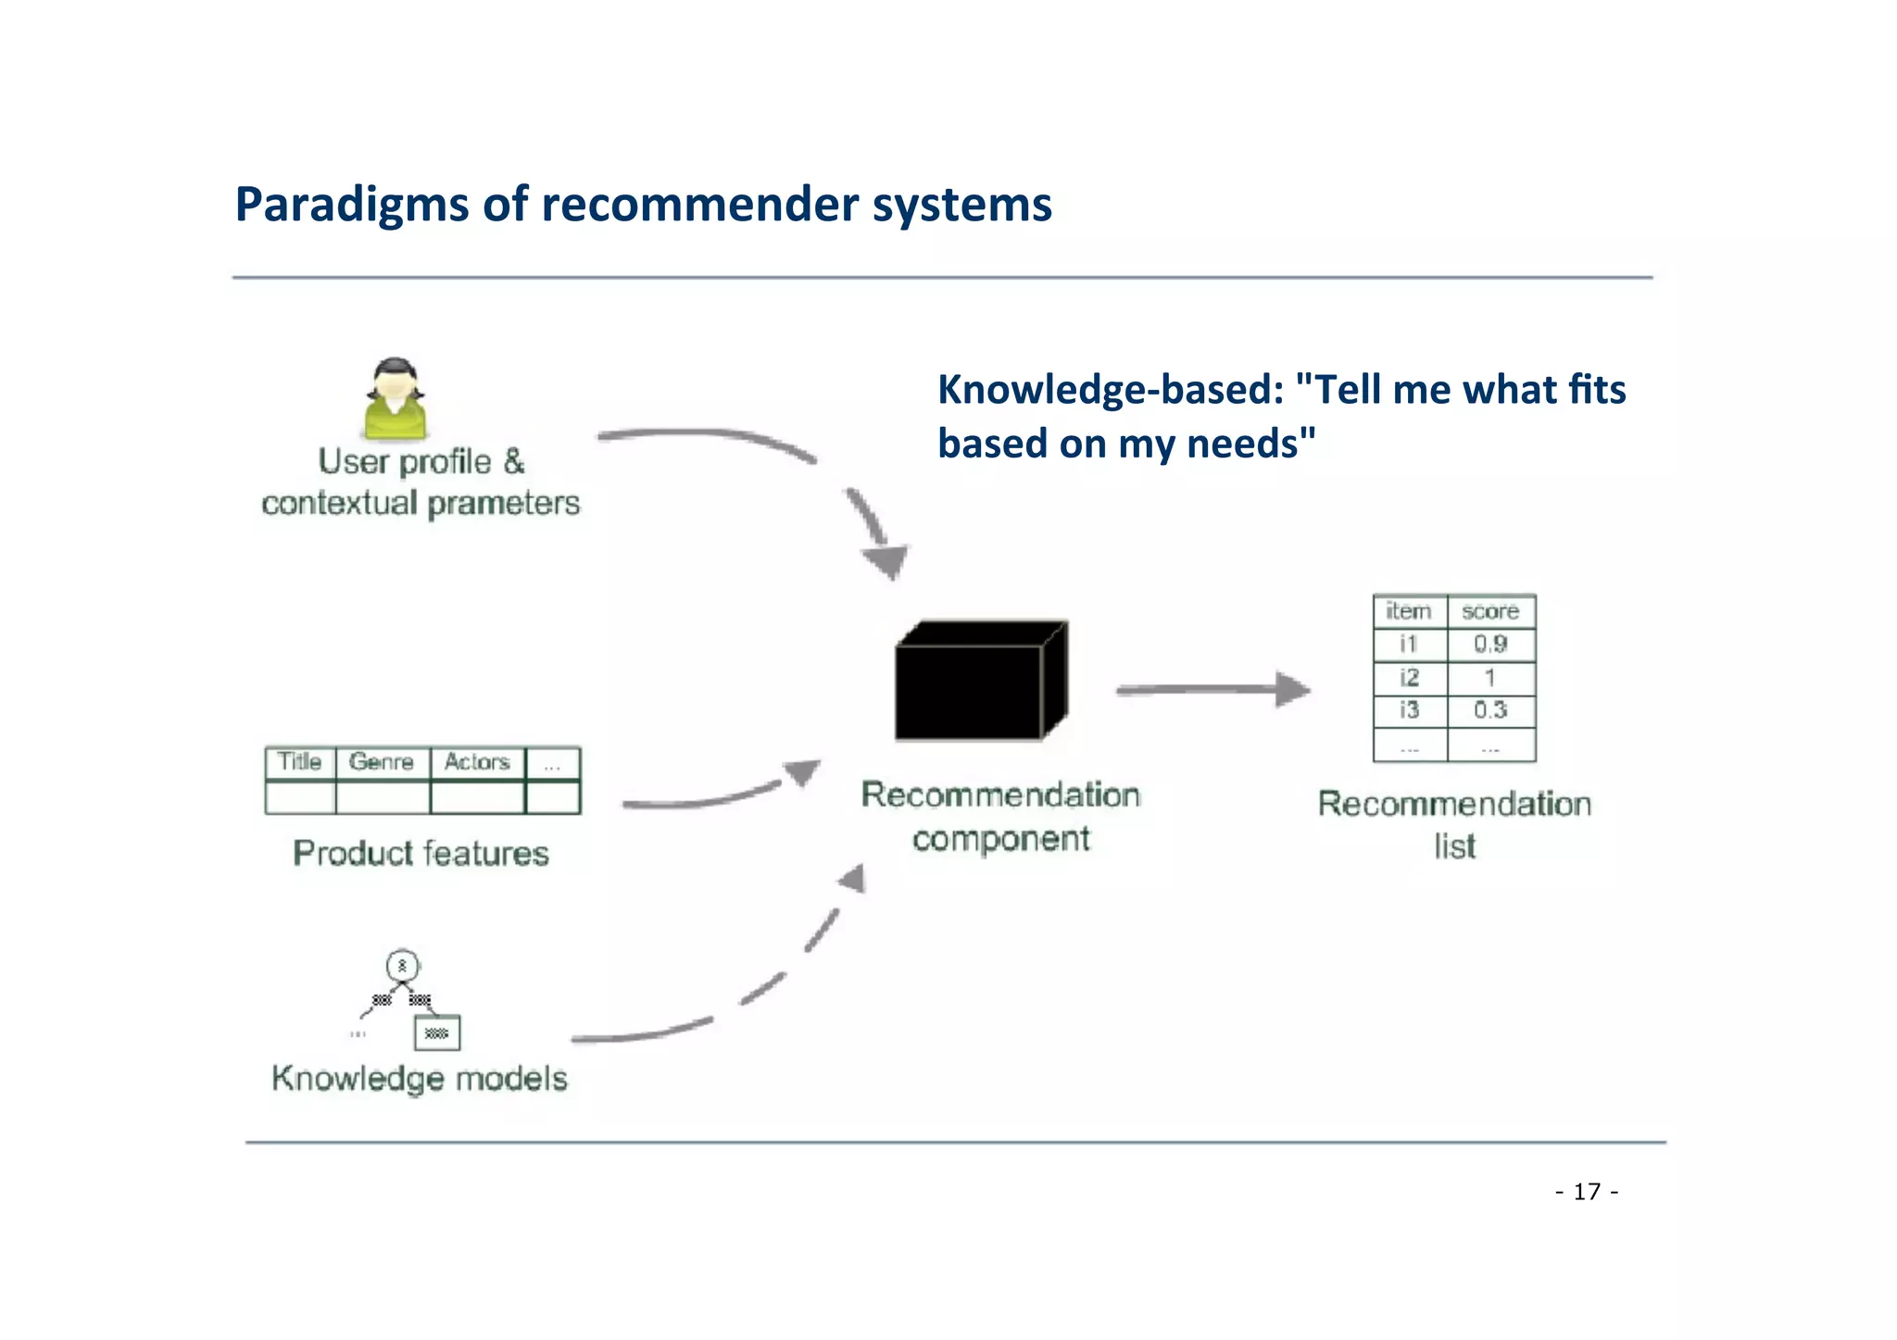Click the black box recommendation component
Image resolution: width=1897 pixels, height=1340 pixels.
pos(979,683)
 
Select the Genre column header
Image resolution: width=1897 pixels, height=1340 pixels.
pos(382,762)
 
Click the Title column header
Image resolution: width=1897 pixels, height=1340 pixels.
pos(299,762)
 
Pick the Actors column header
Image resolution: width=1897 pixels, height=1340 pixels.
pos(477,762)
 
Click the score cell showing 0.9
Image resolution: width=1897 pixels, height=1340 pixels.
pos(1490,645)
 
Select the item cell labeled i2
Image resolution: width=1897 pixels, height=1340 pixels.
pos(1409,678)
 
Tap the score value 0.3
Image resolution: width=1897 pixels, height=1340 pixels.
pos(1490,710)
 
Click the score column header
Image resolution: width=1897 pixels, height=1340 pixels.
pos(1490,611)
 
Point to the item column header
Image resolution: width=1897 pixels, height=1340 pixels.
pos(1409,611)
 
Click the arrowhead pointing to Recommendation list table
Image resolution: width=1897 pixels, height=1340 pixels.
pos(1292,689)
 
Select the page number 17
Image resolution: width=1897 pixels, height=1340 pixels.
pos(1587,1191)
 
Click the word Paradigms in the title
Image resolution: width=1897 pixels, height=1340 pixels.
pos(351,205)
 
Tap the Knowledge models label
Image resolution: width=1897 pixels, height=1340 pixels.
pos(420,1079)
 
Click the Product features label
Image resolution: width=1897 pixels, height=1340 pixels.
pos(421,853)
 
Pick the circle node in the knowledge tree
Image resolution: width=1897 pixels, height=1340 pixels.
pos(402,966)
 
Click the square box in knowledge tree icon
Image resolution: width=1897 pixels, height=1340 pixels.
pos(437,1033)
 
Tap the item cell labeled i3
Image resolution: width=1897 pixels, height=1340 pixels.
pos(1409,710)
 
